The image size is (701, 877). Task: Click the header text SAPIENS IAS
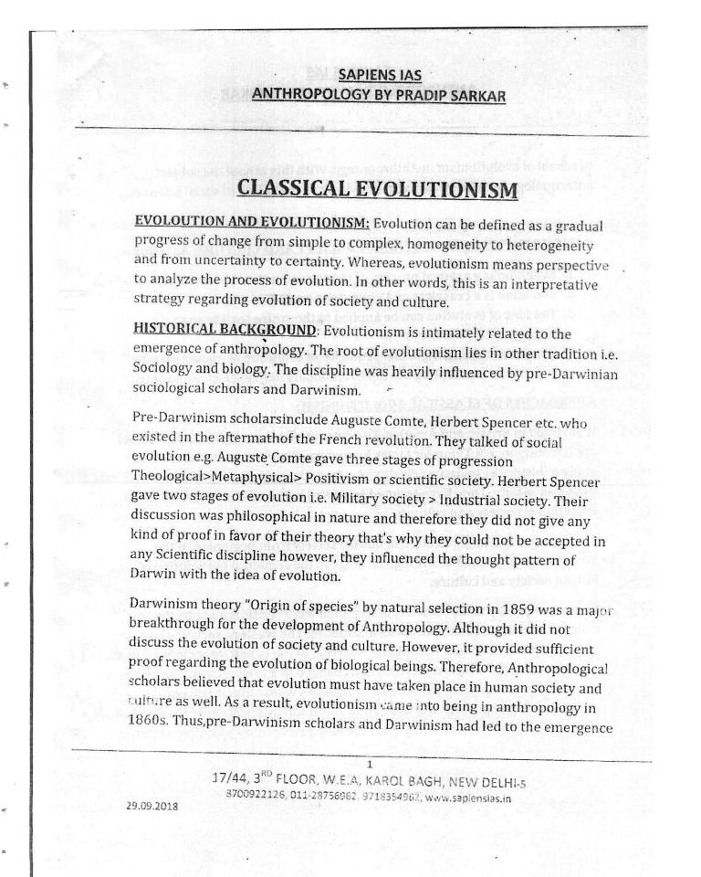(x=379, y=75)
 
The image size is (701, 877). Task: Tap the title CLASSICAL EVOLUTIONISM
(x=378, y=190)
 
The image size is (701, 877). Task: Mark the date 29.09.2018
(x=153, y=807)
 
